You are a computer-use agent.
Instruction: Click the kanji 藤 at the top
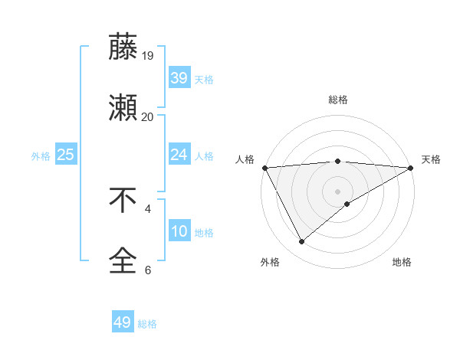click(123, 47)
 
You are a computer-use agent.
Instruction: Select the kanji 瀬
click(123, 109)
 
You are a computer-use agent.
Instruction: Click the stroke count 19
click(148, 55)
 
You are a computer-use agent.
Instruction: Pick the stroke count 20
click(148, 116)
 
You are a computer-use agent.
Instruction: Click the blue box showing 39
click(179, 77)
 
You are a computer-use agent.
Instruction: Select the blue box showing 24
click(179, 155)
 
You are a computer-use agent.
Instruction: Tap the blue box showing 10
click(179, 231)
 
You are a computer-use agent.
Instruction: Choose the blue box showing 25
click(66, 155)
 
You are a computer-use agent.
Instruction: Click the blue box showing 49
click(123, 322)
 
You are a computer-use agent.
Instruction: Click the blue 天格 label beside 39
click(204, 79)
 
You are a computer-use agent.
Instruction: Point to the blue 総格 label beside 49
click(147, 324)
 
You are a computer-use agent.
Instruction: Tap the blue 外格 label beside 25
click(41, 156)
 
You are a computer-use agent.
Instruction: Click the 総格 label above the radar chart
click(338, 100)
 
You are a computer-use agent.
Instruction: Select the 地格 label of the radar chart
click(402, 262)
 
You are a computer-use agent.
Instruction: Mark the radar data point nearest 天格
click(412, 168)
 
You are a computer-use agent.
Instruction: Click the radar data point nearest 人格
click(264, 168)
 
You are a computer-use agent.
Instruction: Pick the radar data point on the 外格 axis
click(301, 242)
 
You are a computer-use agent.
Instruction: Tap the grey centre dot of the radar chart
click(338, 191)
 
